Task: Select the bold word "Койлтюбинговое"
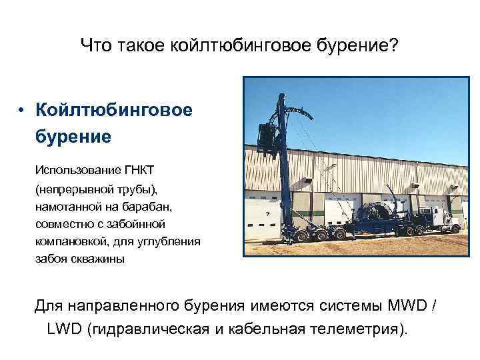pyautogui.click(x=114, y=109)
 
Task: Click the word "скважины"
pyautogui.click(x=97, y=259)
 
